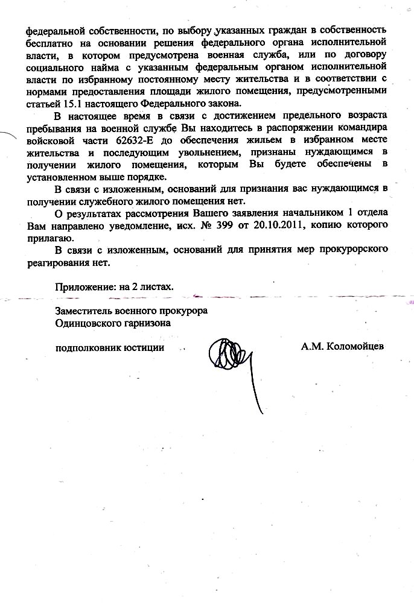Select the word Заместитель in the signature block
(83, 311)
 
